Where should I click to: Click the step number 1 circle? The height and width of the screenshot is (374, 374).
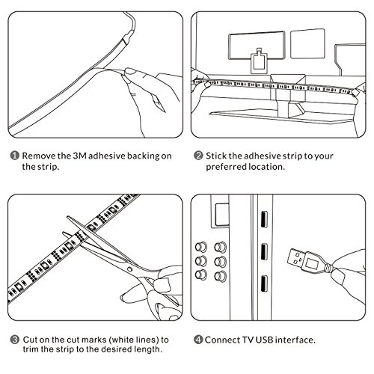pyautogui.click(x=14, y=156)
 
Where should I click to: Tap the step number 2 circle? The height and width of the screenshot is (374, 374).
pyautogui.click(x=198, y=156)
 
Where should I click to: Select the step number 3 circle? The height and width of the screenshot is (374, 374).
pyautogui.click(x=15, y=340)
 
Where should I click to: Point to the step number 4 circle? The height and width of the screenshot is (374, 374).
pyautogui.click(x=198, y=340)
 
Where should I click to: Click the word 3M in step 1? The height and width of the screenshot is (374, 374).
pyautogui.click(x=79, y=156)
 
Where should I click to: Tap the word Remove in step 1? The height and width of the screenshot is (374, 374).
pyautogui.click(x=39, y=156)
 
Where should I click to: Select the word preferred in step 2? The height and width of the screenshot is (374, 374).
pyautogui.click(x=224, y=167)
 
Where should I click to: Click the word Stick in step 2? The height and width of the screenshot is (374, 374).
pyautogui.click(x=216, y=156)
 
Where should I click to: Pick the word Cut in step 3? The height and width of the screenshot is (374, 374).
pyautogui.click(x=30, y=340)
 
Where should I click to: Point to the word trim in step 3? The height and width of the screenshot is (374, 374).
pyautogui.click(x=31, y=349)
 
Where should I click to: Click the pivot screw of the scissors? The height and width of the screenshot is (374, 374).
pyautogui.click(x=129, y=269)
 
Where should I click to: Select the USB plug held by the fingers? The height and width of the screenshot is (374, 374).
pyautogui.click(x=309, y=261)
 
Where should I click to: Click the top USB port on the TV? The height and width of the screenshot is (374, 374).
pyautogui.click(x=264, y=219)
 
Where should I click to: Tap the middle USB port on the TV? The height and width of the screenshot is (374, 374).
pyautogui.click(x=264, y=251)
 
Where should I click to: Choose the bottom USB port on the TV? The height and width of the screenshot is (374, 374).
pyautogui.click(x=264, y=283)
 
